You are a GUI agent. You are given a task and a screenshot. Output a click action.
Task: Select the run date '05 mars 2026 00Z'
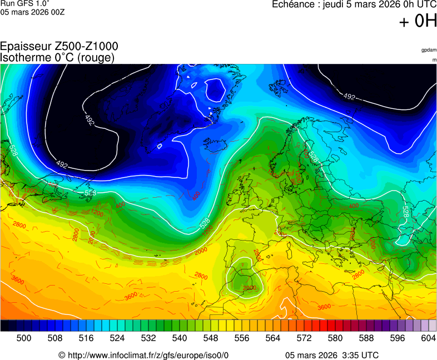click(x=33, y=12)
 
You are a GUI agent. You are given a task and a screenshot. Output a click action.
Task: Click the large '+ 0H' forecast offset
click(x=418, y=21)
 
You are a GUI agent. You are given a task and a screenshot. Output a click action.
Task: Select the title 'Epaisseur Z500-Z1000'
click(x=59, y=47)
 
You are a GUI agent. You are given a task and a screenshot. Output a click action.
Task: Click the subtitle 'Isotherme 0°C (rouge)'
click(x=58, y=57)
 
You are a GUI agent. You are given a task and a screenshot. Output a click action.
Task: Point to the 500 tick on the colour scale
click(x=24, y=338)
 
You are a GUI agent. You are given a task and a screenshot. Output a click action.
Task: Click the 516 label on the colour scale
click(x=86, y=338)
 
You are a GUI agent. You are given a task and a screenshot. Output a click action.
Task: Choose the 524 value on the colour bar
click(x=117, y=338)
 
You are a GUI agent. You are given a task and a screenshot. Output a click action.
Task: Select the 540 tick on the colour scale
click(x=180, y=338)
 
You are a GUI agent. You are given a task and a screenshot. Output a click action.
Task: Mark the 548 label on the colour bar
click(x=211, y=338)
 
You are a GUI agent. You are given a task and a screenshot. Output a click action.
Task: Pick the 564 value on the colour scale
click(x=273, y=338)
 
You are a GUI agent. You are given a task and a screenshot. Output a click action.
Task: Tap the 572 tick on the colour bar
click(x=304, y=338)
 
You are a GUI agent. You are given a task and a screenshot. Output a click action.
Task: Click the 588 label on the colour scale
click(x=366, y=338)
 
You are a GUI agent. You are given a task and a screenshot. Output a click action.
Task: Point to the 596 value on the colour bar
click(x=398, y=338)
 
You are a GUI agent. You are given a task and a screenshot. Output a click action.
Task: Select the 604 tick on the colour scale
click(x=428, y=338)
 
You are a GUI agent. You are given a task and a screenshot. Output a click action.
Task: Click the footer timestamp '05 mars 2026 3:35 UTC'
click(x=332, y=355)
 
